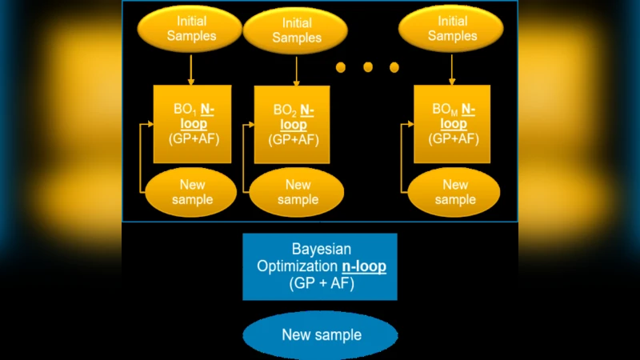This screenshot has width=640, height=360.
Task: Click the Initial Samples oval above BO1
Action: pos(190,29)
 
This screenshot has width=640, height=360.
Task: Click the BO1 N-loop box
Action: pos(192,124)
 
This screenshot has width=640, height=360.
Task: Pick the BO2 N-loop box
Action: pos(292,125)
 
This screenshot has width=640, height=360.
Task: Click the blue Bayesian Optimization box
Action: pos(320,266)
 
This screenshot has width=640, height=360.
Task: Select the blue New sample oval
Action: pos(321,335)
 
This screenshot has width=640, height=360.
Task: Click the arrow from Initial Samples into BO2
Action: pos(297,70)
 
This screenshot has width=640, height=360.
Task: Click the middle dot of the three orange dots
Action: pos(368,66)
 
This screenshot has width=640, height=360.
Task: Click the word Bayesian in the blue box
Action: pos(320,249)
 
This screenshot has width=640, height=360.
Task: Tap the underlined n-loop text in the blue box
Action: pos(359,266)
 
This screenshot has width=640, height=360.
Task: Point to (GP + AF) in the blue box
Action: pos(320,283)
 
